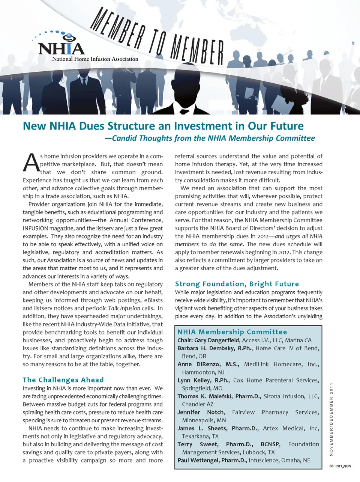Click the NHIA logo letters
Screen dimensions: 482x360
coord(61,48)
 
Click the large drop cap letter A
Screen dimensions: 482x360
coord(31,163)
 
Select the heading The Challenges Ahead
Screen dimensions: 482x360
coord(63,380)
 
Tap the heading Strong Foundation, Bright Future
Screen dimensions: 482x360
coord(237,284)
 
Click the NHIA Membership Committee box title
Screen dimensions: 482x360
coord(232,332)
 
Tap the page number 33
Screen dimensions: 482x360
coord(331,466)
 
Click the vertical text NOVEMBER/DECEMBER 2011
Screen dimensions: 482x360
coord(331,419)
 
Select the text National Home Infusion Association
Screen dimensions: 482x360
coord(95,59)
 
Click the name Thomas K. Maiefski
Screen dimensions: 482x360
coord(204,396)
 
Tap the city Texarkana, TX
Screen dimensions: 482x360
coord(200,436)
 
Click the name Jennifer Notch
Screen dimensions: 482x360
coord(201,412)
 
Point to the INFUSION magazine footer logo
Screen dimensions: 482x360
coord(343,466)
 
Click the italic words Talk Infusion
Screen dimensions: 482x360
coord(124,308)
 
